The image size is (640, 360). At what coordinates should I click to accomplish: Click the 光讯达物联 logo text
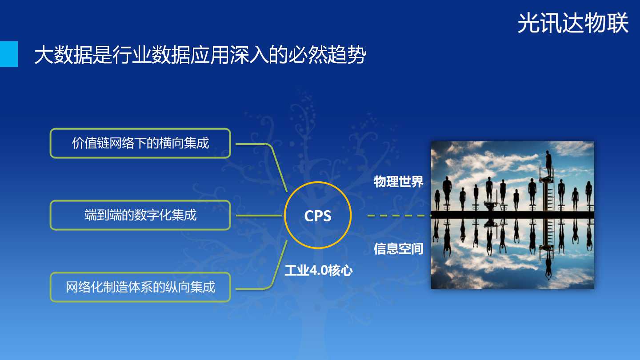573,23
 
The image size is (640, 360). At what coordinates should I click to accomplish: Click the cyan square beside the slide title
9,54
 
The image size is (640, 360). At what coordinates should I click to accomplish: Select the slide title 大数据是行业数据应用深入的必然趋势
200,54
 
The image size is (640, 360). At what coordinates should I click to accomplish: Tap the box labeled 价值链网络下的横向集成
140,143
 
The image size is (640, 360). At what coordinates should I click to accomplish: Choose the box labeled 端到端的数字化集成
140,215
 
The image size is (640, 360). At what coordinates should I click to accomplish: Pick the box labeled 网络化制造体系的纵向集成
140,287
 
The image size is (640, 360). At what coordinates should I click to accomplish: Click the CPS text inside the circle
318,216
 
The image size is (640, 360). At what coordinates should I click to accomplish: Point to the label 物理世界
398,182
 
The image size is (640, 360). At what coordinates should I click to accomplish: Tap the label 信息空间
398,248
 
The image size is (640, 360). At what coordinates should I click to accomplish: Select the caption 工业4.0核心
319,270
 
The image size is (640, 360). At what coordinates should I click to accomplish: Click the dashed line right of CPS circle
399,216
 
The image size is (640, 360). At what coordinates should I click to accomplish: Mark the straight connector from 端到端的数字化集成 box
259,216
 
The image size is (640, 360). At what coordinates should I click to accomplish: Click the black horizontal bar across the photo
512,215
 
